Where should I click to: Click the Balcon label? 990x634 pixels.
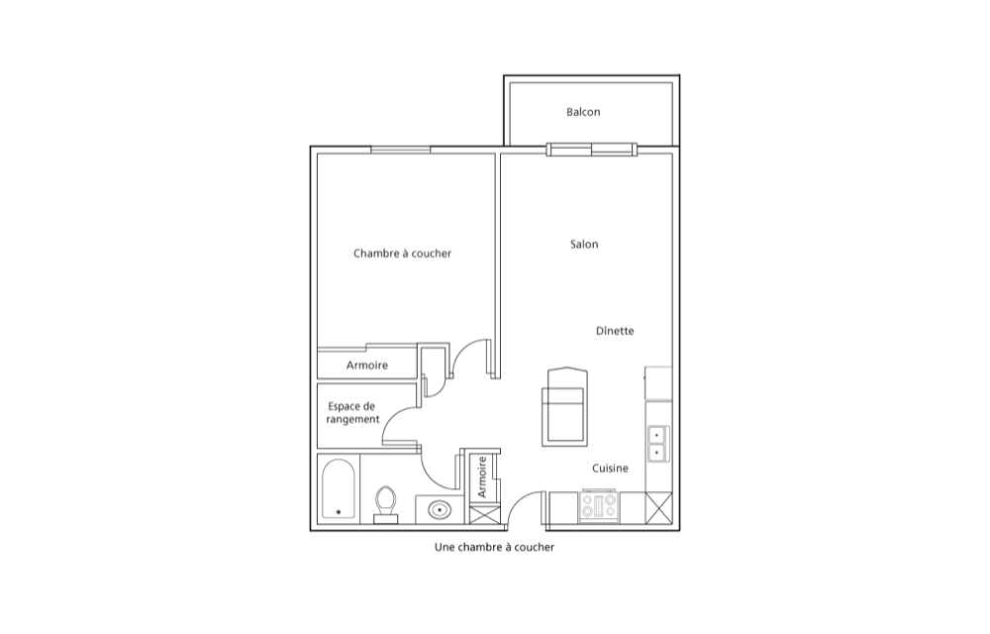coord(583,112)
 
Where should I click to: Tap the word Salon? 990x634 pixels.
coord(584,245)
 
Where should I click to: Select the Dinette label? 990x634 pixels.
coord(615,331)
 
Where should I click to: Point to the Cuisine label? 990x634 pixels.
coord(610,469)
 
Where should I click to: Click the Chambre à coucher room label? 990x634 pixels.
coord(402,254)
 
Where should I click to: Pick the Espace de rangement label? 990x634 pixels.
coord(352,413)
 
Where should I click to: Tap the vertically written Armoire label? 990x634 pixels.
coord(482,476)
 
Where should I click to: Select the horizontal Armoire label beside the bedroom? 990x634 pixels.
coord(367,366)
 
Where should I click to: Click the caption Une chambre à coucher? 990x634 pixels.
coord(494,548)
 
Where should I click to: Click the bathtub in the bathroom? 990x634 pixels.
coord(339,488)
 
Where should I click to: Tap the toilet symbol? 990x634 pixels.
coord(385,504)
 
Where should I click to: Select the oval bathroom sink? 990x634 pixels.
coord(440,509)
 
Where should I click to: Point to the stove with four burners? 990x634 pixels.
coord(599,506)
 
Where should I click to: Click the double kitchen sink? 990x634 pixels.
coord(658,444)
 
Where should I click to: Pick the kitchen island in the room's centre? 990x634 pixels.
coord(565,406)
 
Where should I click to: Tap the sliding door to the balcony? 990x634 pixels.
coord(592,150)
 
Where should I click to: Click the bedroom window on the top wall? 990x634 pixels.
coord(400,150)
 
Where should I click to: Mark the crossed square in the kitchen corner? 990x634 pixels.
coord(659,508)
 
